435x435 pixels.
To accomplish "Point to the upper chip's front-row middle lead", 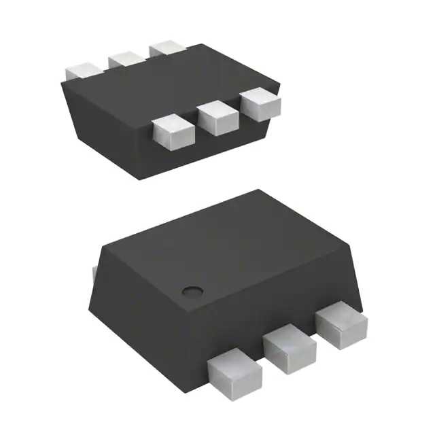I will point(215,117).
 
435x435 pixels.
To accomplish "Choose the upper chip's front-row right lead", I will point(260,104).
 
